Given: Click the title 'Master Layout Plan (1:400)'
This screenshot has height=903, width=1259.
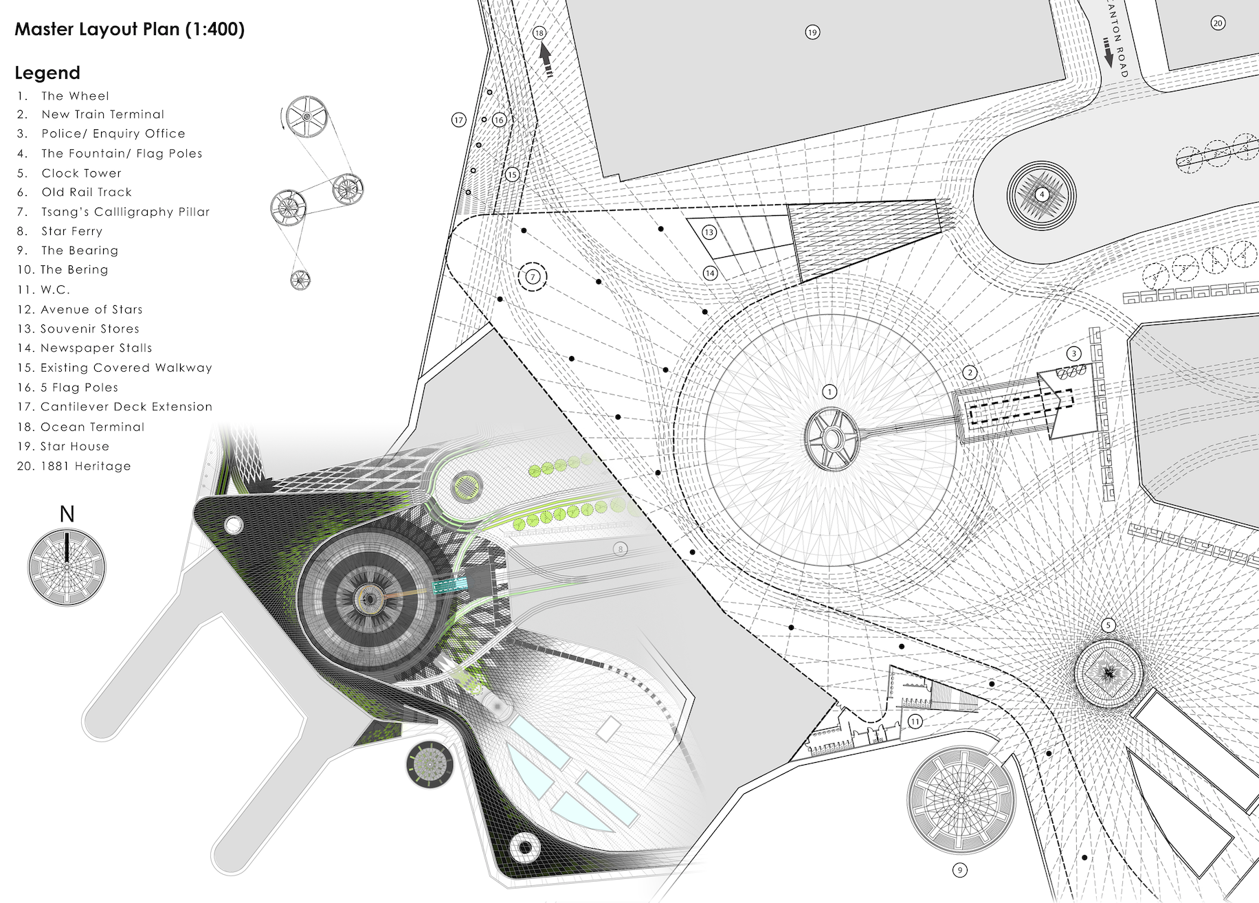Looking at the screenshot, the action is click(x=129, y=30).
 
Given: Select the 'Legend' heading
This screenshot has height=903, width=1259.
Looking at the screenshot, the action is click(x=47, y=73).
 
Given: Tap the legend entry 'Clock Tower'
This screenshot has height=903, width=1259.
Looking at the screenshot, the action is click(x=81, y=173).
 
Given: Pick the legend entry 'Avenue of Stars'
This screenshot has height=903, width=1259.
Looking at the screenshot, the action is click(x=91, y=309).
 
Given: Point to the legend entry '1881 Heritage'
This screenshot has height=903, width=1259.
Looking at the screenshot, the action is click(x=85, y=466).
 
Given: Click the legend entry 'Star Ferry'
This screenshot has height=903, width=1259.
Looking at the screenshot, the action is click(x=71, y=231).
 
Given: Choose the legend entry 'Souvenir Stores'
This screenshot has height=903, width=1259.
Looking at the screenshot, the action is click(x=89, y=328).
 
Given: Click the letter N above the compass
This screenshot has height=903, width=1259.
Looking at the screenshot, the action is click(x=67, y=514).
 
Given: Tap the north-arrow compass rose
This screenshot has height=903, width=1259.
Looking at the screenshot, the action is click(x=67, y=567).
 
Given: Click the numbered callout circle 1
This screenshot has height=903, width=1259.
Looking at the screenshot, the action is click(x=829, y=392).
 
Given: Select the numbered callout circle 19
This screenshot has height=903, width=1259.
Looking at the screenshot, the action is click(x=812, y=32).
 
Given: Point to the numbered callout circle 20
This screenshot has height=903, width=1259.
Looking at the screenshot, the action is click(x=1218, y=23).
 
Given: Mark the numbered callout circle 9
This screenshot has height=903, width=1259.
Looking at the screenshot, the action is click(x=959, y=870).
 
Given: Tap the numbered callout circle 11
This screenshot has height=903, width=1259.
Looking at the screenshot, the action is click(x=915, y=722).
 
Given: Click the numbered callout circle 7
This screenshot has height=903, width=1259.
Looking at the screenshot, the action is click(x=533, y=277).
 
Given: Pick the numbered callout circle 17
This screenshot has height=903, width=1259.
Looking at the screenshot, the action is click(x=458, y=120).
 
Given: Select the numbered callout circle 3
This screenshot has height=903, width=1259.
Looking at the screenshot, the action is click(x=1074, y=354).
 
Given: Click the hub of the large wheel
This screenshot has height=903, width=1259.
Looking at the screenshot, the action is click(x=832, y=438).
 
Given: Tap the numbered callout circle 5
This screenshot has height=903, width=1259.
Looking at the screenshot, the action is click(x=1108, y=625).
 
